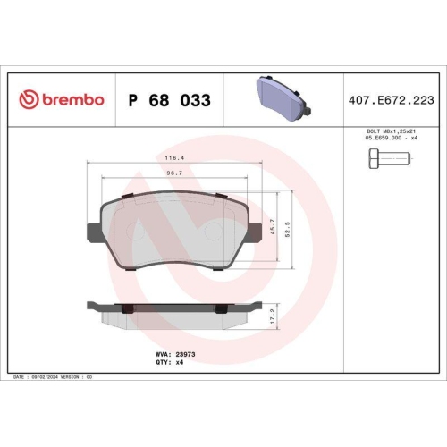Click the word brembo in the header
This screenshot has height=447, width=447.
71,100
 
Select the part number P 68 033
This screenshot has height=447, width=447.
170,100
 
